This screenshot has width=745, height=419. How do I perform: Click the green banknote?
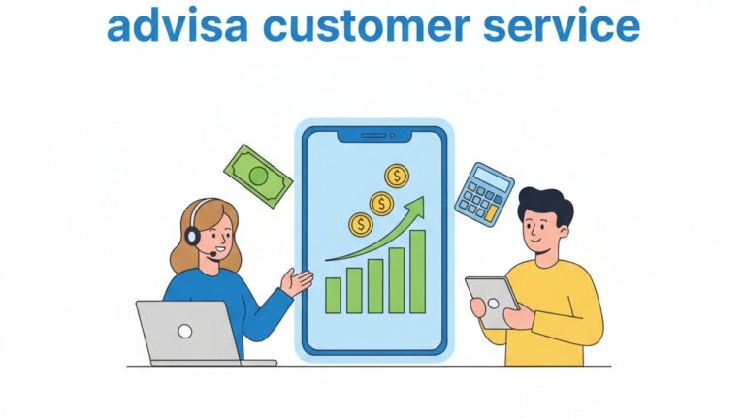tap(258, 176)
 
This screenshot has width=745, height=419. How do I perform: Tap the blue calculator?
tap(484, 194)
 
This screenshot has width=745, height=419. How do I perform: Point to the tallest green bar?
tap(417, 272)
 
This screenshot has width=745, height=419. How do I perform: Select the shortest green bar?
tap(333, 295)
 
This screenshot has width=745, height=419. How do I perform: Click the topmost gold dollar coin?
tap(396, 176)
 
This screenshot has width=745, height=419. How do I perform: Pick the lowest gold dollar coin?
tap(361, 225)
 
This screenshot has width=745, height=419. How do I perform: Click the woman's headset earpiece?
tap(193, 235)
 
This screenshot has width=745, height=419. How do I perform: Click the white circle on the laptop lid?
tap(185, 331)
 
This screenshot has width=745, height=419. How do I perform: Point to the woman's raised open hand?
tap(297, 282)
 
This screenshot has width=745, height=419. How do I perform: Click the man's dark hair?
tap(545, 202)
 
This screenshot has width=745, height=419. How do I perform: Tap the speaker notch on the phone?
tap(373, 136)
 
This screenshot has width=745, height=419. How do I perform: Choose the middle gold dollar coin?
tap(381, 203)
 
